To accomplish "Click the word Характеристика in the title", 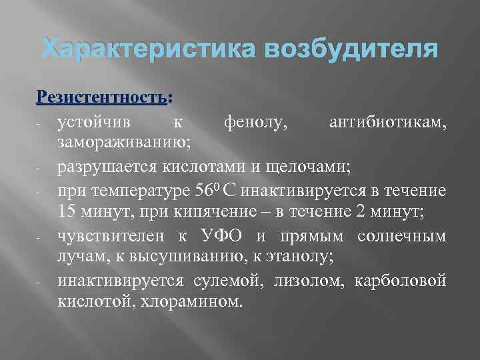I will click(x=145, y=49).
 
